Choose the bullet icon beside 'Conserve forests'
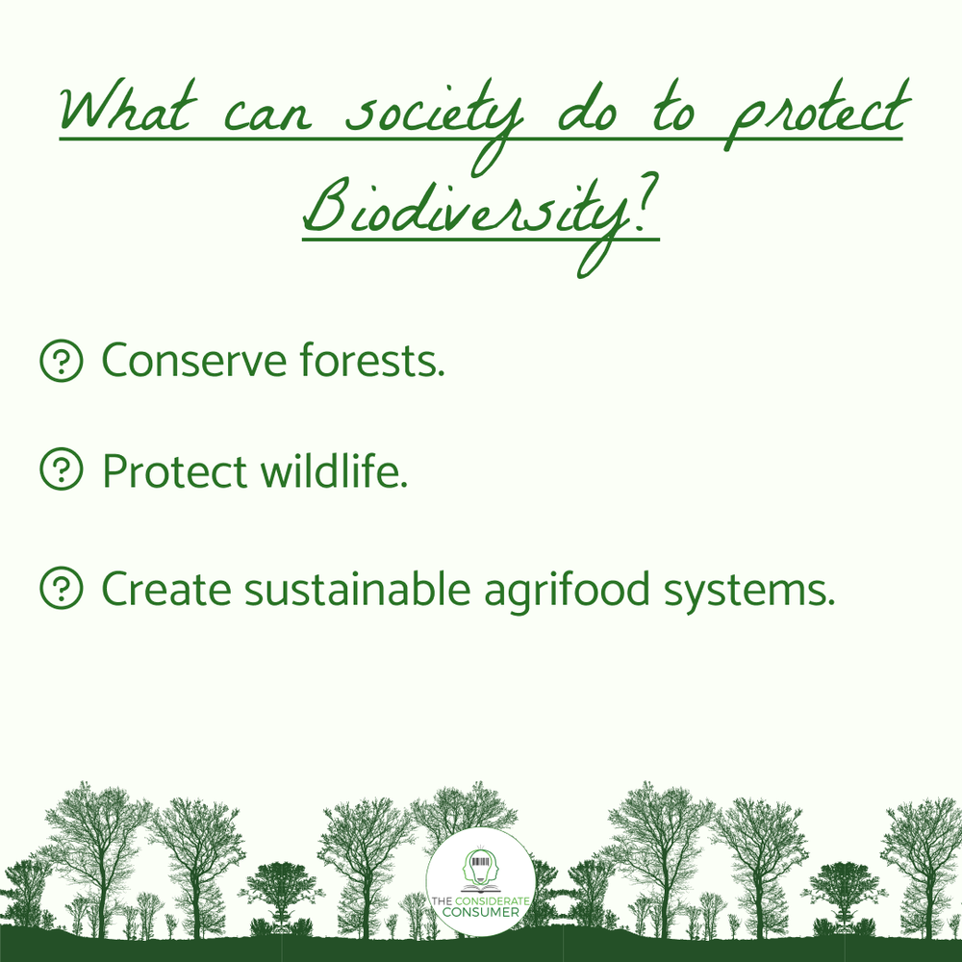(x=61, y=362)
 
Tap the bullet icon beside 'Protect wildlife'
(x=61, y=470)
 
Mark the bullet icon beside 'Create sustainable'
(x=61, y=588)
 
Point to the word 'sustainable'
(x=355, y=588)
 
